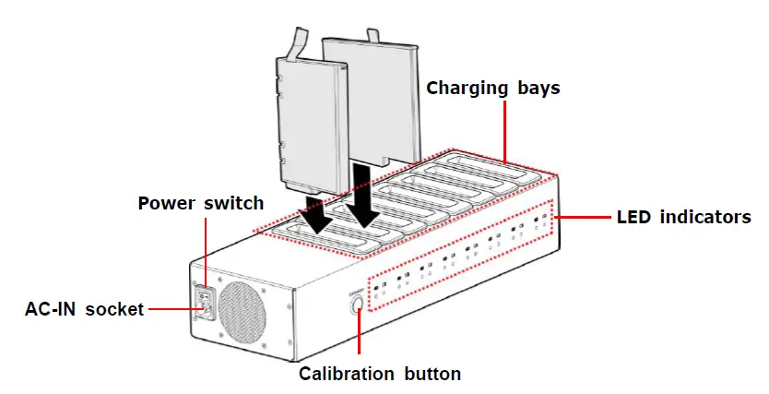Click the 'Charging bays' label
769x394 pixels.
tap(492, 89)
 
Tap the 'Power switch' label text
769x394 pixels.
tap(200, 202)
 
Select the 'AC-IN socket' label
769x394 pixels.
tap(84, 309)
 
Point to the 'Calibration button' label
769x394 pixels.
tap(380, 374)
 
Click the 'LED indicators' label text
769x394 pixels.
tap(682, 218)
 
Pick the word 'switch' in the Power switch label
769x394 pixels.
tap(236, 202)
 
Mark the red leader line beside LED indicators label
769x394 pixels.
tap(583, 218)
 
